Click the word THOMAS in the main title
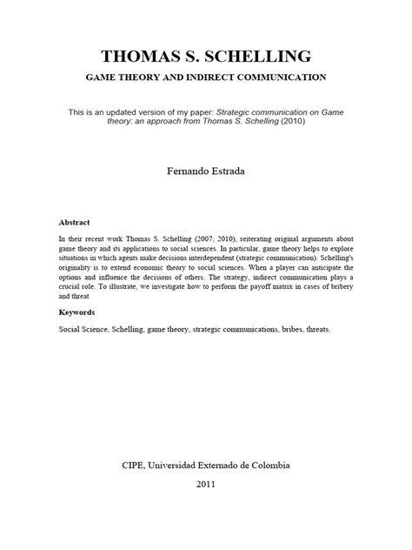pyautogui.click(x=143, y=57)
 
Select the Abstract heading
pyautogui.click(x=74, y=223)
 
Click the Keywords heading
pyautogui.click(x=77, y=312)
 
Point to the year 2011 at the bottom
pyautogui.click(x=205, y=486)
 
